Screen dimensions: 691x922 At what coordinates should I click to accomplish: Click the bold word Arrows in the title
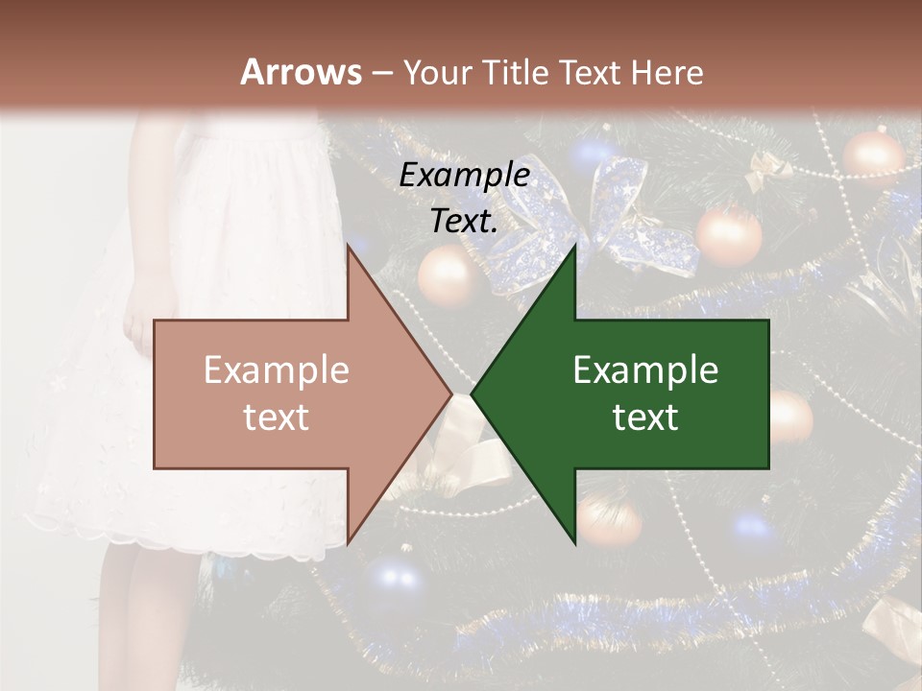(x=301, y=72)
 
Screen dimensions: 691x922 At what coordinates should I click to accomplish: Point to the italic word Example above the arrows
(x=465, y=175)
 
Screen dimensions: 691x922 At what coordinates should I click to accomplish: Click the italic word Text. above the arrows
(x=465, y=221)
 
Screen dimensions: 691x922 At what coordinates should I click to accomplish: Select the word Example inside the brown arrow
(x=277, y=370)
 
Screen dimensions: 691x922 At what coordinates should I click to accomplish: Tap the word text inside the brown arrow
(x=277, y=417)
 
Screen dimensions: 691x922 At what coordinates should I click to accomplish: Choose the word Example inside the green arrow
(x=645, y=370)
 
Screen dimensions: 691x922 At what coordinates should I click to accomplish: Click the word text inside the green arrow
(x=645, y=417)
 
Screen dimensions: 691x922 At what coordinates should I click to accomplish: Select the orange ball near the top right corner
(x=872, y=156)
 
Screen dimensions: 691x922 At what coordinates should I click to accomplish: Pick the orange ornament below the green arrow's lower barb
(x=609, y=520)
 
